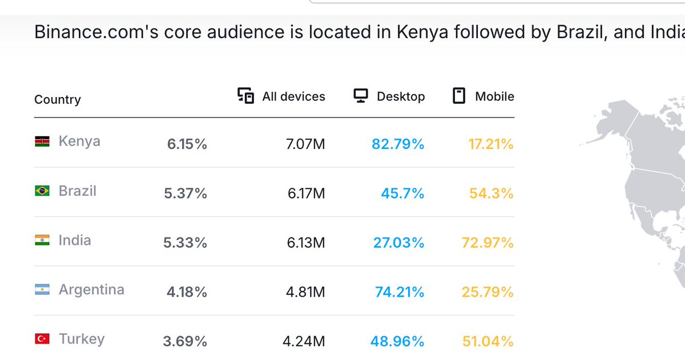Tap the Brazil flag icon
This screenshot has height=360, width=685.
pos(42,191)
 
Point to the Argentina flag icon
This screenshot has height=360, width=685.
pos(42,290)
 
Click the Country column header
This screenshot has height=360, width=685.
pos(58,99)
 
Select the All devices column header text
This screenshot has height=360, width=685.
pos(293,96)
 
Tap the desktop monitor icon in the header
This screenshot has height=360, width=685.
pos(360,96)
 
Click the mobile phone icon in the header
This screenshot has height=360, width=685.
pos(458,96)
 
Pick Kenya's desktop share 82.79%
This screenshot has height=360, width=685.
pos(398,144)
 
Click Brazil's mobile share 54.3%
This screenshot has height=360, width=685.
pos(491,193)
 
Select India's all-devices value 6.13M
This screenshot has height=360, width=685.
pos(306,243)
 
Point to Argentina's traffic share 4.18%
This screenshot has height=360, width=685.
pos(187,292)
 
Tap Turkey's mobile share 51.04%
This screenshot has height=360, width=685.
pos(487,341)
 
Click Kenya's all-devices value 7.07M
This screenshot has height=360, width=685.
pos(306,144)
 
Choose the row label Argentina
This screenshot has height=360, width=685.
pos(91,290)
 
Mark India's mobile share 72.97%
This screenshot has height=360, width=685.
pos(487,243)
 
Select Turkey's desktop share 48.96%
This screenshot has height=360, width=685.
pos(397,341)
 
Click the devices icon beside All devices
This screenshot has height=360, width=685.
pos(245,96)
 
